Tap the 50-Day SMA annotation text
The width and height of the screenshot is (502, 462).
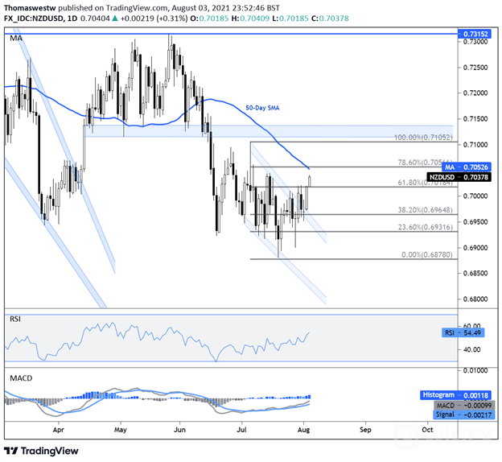(263, 107)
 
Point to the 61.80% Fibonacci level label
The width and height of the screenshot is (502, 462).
(413, 183)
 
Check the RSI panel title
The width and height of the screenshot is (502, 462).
(15, 319)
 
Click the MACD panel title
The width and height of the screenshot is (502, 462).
(19, 377)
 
